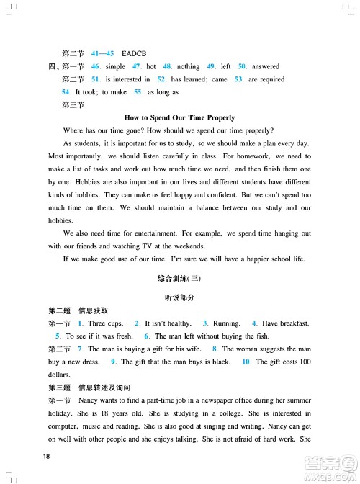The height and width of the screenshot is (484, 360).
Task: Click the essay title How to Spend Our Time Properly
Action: click(x=180, y=117)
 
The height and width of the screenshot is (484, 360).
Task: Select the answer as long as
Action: click(x=163, y=92)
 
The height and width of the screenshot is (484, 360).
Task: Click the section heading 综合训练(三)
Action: click(x=180, y=278)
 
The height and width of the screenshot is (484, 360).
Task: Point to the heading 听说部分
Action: click(x=180, y=297)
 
